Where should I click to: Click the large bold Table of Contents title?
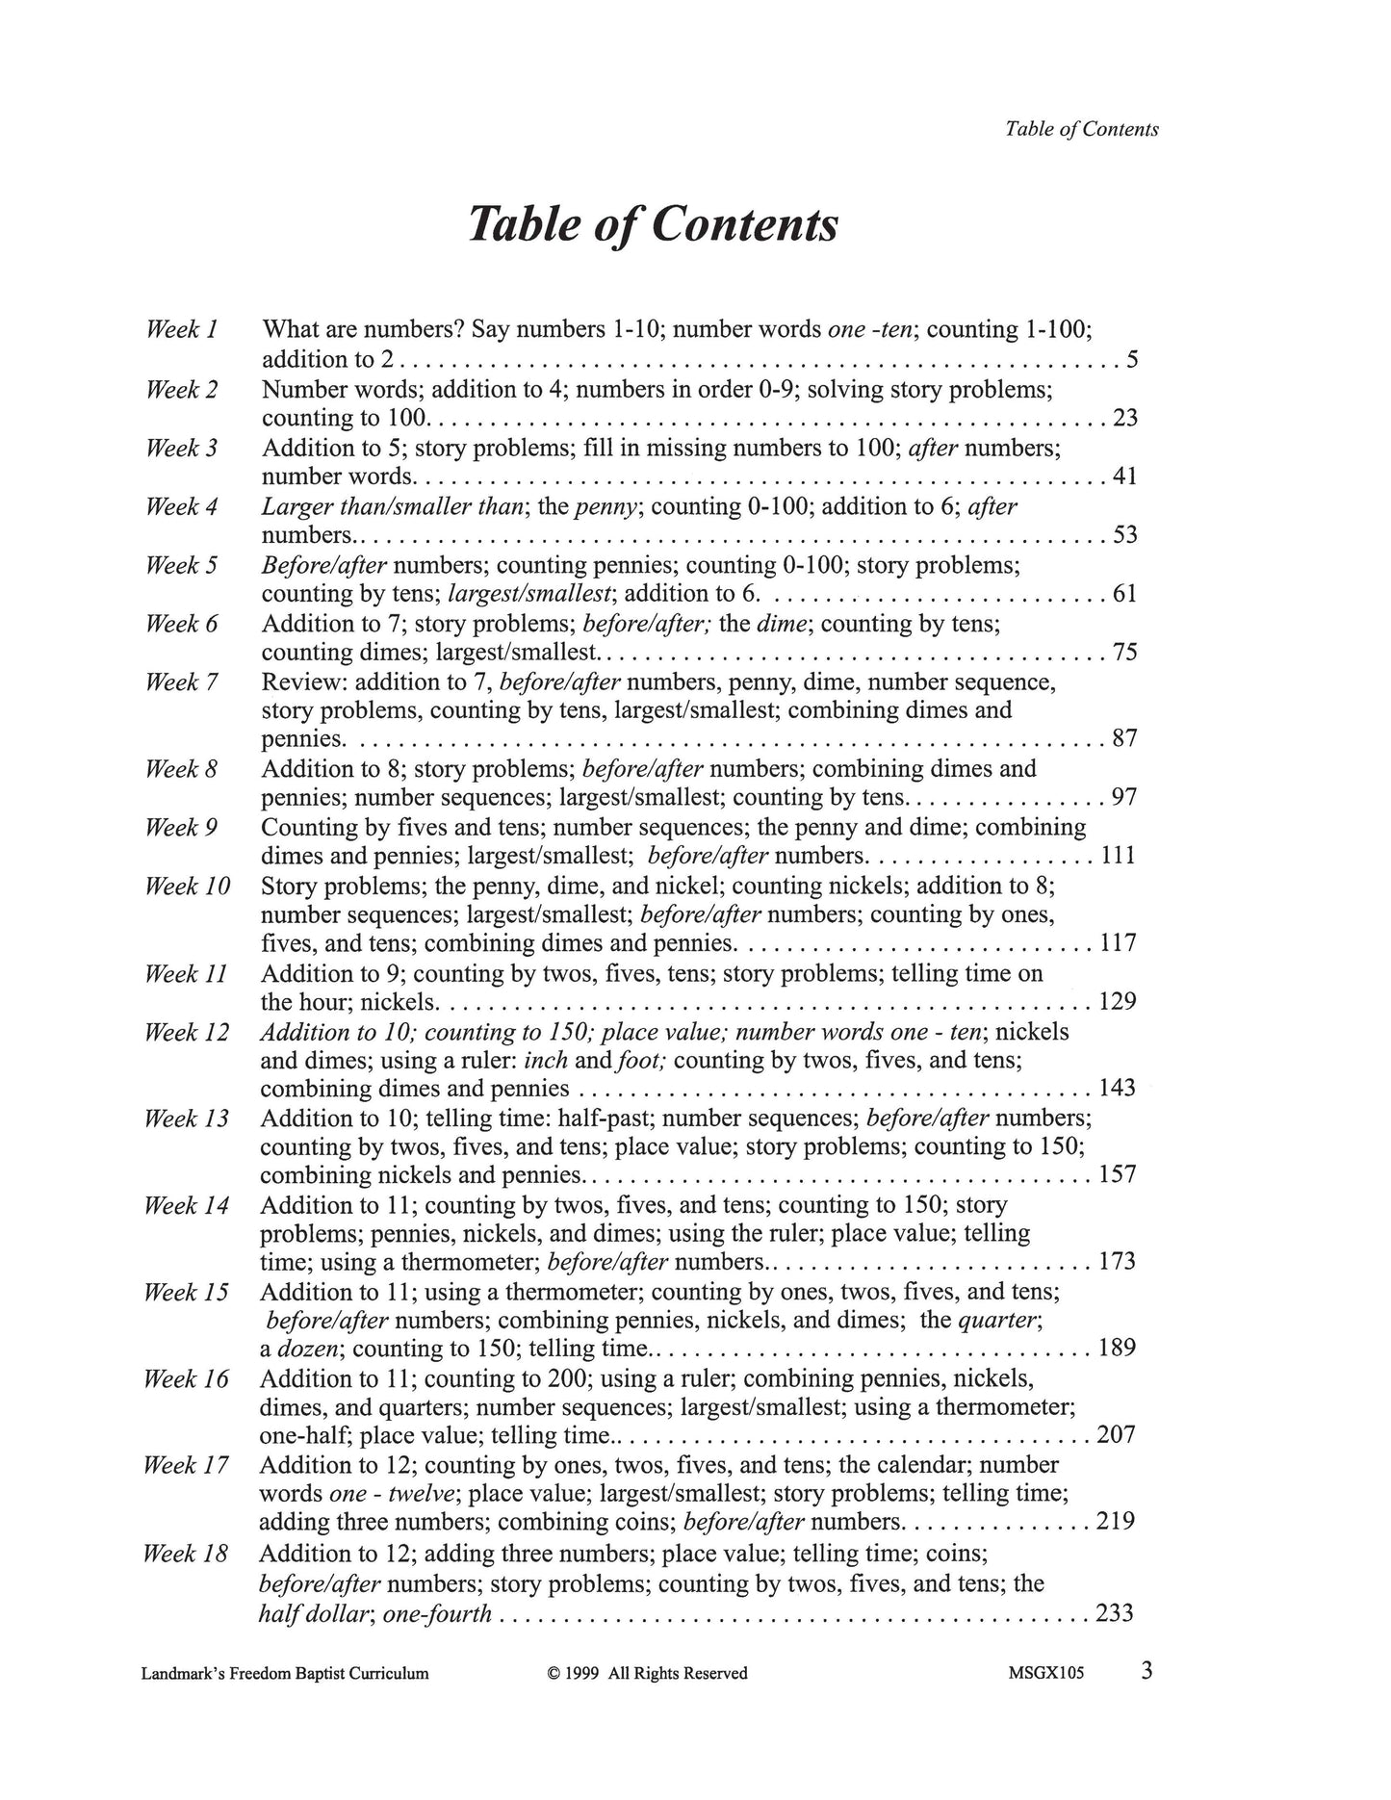click(x=653, y=225)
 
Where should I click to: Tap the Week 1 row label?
click(x=181, y=329)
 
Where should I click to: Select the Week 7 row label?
click(x=181, y=682)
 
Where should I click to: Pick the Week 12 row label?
click(x=187, y=1032)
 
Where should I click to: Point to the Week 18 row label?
click(x=185, y=1554)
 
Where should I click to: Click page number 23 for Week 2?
click(x=1124, y=418)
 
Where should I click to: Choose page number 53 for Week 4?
click(x=1124, y=534)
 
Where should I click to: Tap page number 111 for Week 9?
click(x=1118, y=856)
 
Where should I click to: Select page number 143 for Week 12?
click(x=1117, y=1089)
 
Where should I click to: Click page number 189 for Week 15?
click(x=1117, y=1348)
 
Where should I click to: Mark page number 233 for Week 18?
click(x=1115, y=1613)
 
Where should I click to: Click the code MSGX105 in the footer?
click(x=1045, y=1673)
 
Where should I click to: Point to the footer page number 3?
click(x=1146, y=1670)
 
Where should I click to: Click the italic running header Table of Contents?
click(x=1081, y=129)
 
